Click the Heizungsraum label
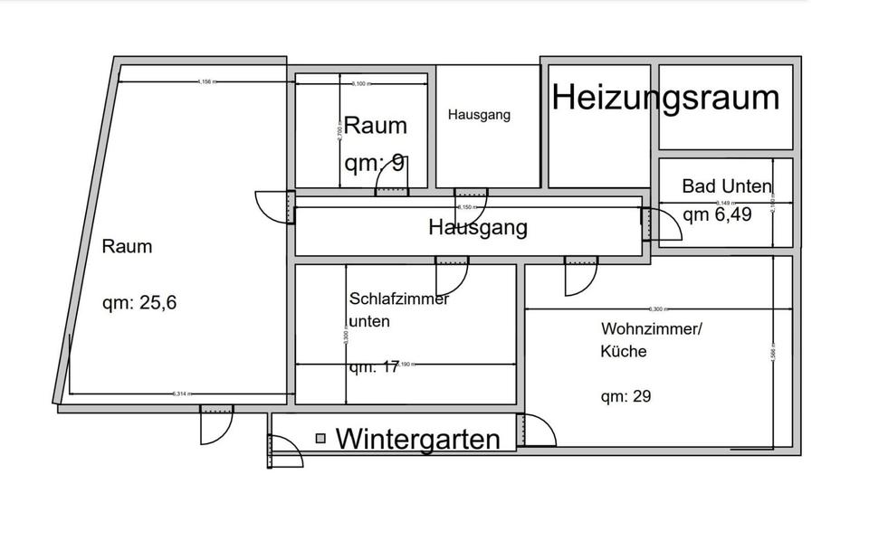point(665,98)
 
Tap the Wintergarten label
point(417,440)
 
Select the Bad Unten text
point(727,186)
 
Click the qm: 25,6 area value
point(138,303)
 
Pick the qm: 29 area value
point(626,396)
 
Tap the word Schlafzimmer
point(398,299)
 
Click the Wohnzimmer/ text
point(651,329)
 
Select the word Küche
point(624,351)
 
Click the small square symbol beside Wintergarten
point(320,439)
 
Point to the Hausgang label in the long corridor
point(477,227)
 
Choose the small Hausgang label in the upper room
point(479,115)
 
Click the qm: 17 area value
point(374,367)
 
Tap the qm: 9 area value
point(374,164)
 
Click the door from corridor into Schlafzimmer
point(452,273)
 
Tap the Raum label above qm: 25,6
point(127,246)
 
